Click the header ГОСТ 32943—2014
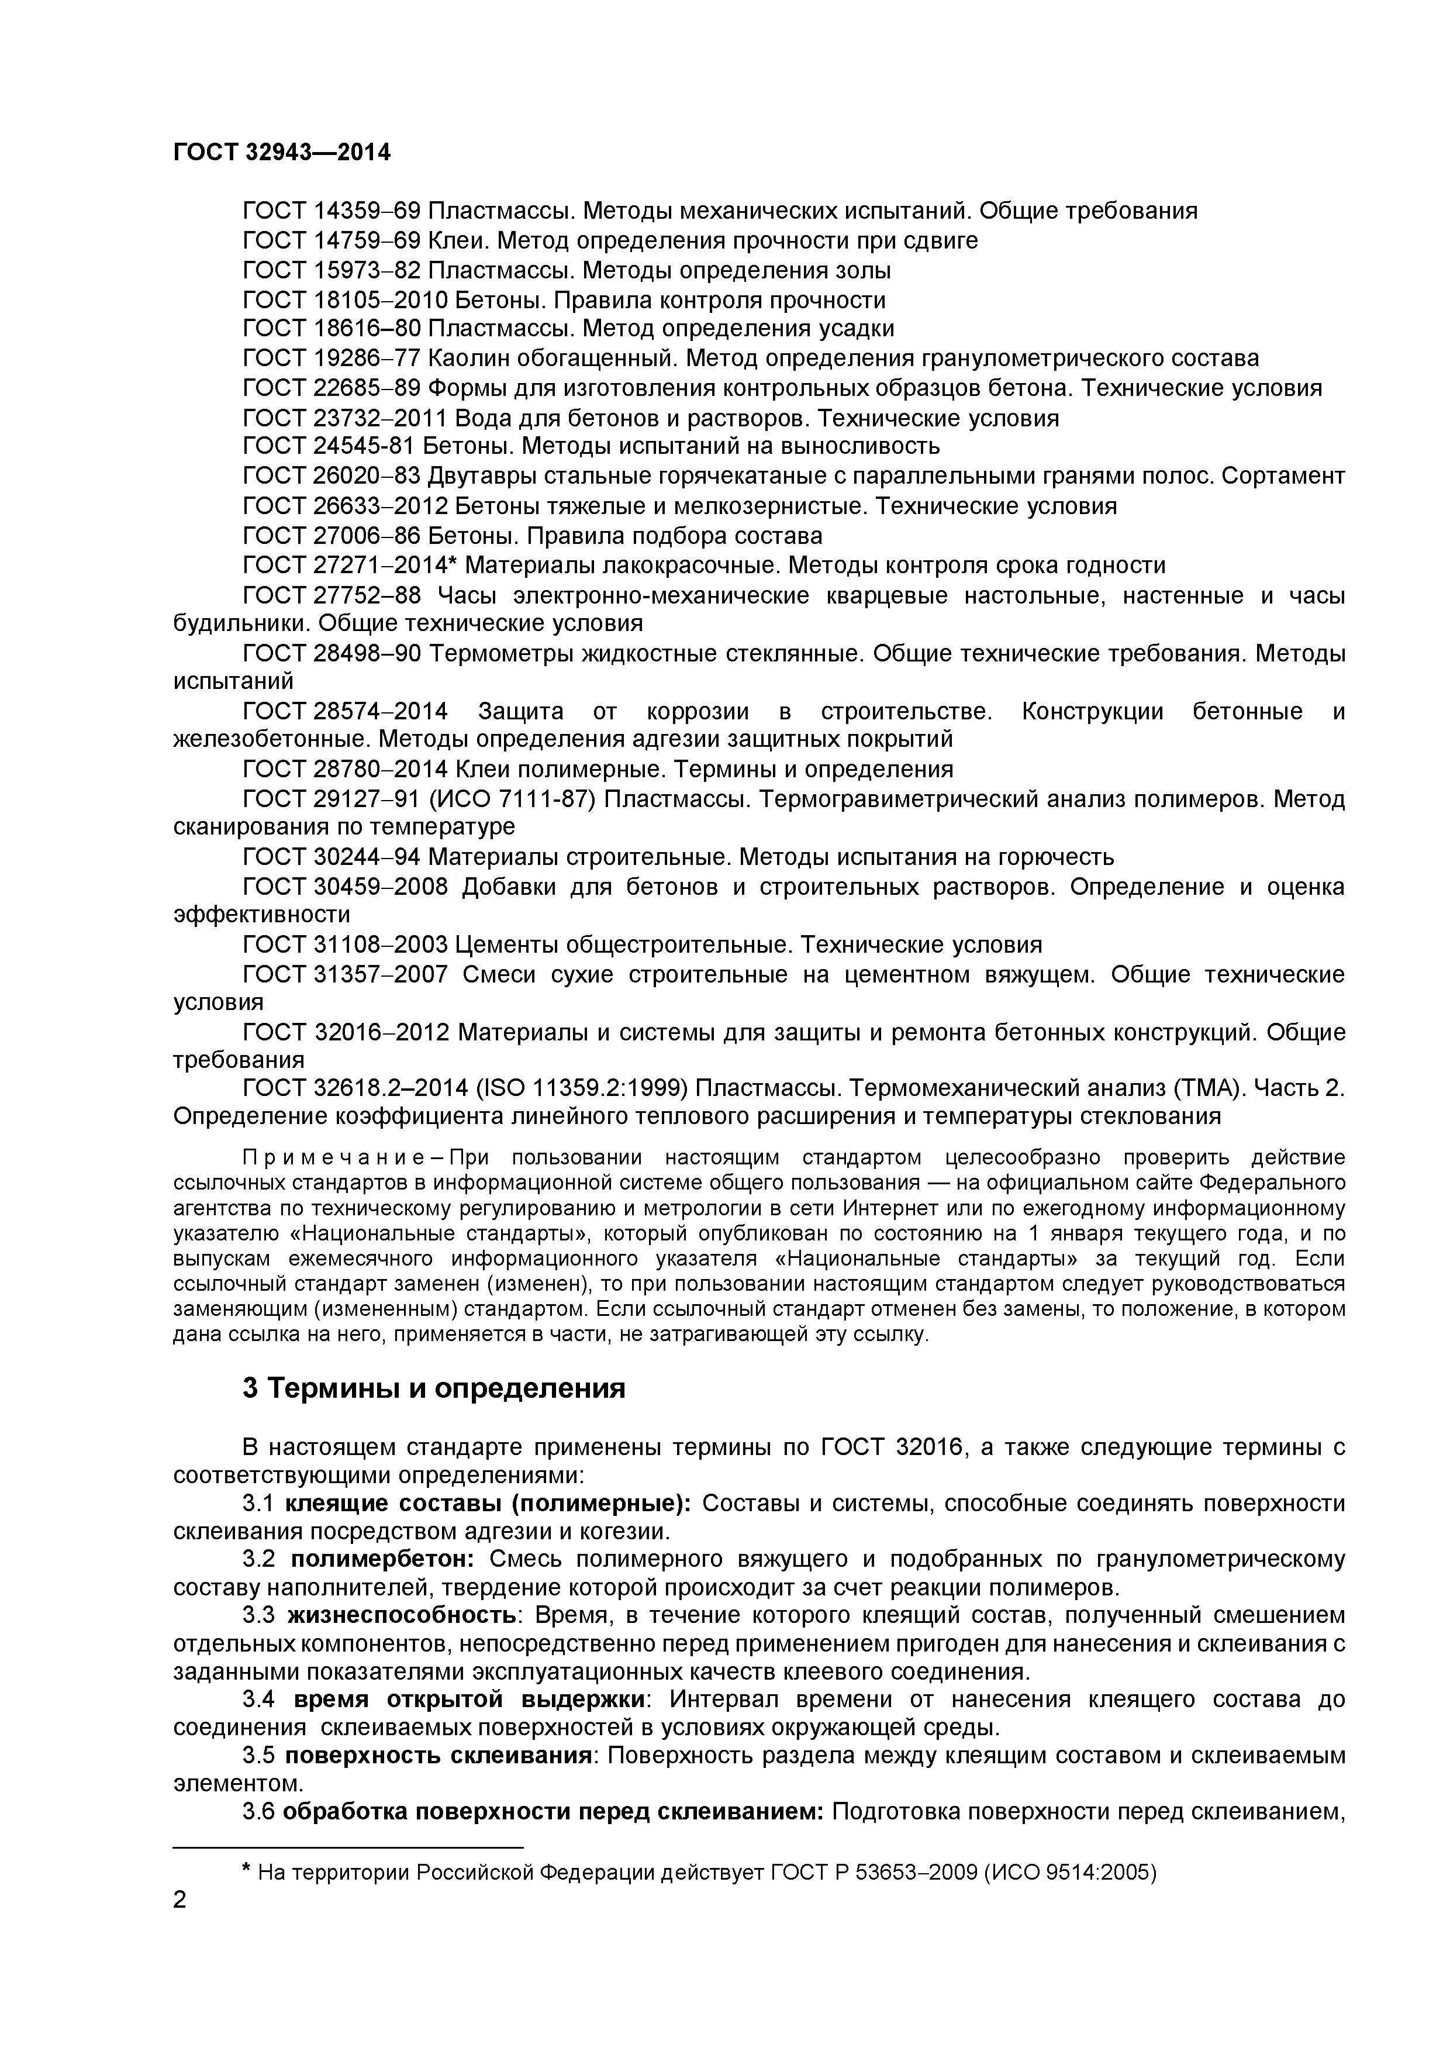tap(281, 153)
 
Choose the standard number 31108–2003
tap(381, 945)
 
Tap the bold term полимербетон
tap(386, 1560)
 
